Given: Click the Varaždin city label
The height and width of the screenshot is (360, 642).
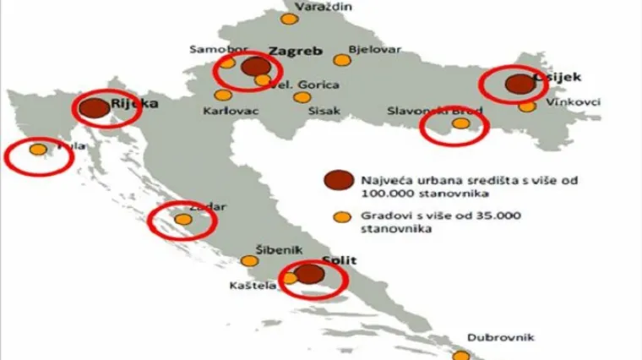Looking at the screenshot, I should point(324,6).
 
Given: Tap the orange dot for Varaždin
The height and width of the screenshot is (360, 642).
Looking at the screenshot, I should point(290,19).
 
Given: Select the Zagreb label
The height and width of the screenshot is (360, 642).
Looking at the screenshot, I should point(295,51).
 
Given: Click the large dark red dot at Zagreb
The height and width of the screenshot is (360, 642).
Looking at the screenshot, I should point(253,67).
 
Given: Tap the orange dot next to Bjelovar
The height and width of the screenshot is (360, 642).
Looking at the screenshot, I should point(341,60).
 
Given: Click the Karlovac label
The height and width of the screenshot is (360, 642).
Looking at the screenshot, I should point(231,111).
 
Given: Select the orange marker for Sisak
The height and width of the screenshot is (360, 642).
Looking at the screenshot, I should point(302,97).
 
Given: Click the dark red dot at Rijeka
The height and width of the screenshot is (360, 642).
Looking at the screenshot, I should point(95,107).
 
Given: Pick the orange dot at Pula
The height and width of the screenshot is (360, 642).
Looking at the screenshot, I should point(38,150).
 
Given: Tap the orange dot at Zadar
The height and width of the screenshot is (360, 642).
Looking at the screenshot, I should point(183,220).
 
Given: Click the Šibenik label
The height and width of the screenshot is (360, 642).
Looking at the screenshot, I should point(279,250).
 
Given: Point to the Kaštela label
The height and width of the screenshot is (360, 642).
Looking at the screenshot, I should point(253,287).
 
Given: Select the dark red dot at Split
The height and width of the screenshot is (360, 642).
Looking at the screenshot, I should point(310,274).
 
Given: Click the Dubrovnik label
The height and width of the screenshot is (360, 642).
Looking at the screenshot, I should point(502,337).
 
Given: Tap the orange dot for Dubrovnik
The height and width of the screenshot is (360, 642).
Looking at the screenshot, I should point(462,356).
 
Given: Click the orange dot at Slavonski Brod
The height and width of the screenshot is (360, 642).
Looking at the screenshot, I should point(460,123).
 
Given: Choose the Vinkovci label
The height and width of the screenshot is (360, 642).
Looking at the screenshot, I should point(573,102).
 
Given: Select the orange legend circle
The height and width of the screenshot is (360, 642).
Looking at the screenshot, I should point(341,215).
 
